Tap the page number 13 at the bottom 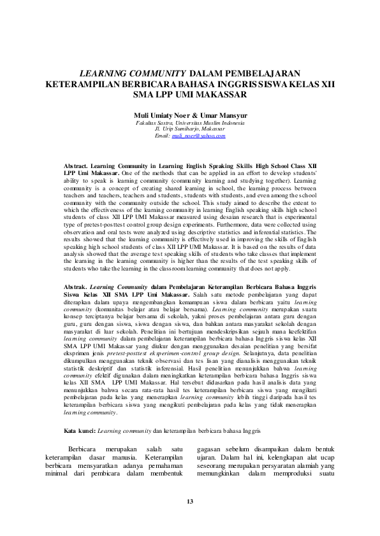[189, 502]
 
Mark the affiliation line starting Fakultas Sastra [189, 122]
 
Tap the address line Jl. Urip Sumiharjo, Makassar [189, 129]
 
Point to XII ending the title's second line [326, 85]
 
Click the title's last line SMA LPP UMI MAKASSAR [189, 95]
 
